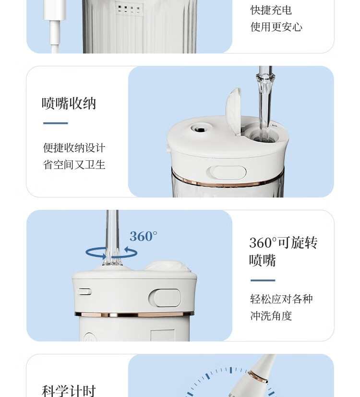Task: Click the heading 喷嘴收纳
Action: [x=69, y=103]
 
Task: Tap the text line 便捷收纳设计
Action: [x=74, y=148]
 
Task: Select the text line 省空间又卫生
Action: [x=74, y=165]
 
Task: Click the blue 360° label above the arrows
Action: [x=144, y=236]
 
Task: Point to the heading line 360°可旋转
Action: [x=283, y=242]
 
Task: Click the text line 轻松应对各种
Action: [x=281, y=299]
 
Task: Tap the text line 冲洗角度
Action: [x=271, y=316]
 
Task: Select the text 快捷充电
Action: [x=271, y=11]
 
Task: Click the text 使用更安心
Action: [x=276, y=27]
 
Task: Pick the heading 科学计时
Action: [x=69, y=391]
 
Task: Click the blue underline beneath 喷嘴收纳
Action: [x=56, y=123]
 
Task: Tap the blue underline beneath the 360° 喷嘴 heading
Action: [x=263, y=280]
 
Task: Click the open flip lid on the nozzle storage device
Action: [x=233, y=111]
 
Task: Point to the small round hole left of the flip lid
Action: [x=200, y=130]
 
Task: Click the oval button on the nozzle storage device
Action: [x=227, y=172]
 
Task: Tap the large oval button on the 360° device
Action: [x=165, y=298]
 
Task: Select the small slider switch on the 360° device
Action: [x=84, y=292]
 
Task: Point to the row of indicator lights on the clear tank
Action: [x=128, y=10]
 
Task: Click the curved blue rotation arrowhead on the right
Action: [x=131, y=251]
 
